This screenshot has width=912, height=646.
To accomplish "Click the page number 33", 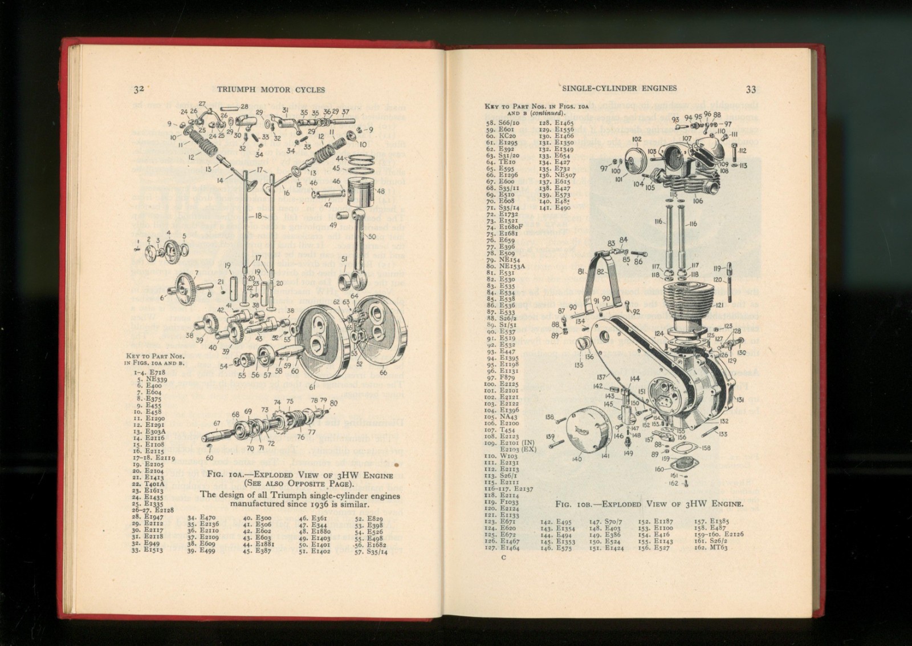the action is (x=751, y=89).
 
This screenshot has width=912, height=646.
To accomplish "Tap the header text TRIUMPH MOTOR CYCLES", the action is (x=271, y=90).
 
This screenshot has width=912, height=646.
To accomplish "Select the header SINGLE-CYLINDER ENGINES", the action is (x=619, y=88).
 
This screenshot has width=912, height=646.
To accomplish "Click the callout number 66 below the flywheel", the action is (x=383, y=373).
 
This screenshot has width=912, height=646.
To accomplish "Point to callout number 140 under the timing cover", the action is (x=576, y=459).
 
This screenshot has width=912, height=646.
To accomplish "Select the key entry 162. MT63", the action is (x=707, y=547).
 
